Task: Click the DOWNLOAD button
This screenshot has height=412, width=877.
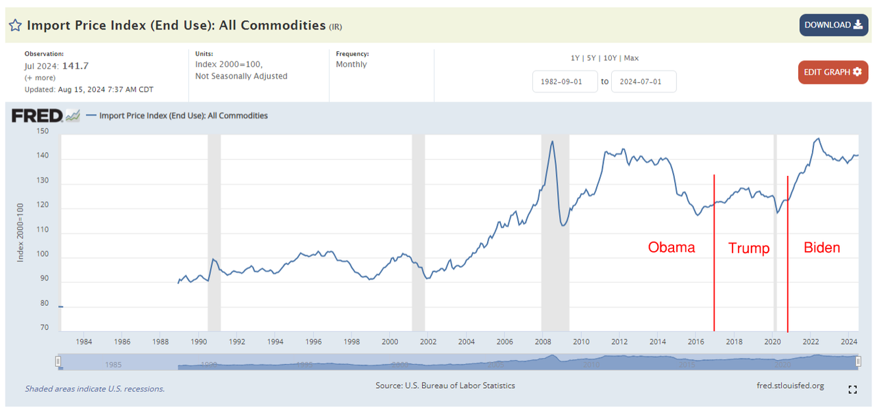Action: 833,25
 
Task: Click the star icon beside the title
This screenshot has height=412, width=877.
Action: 15,26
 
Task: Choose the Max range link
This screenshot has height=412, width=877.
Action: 631,58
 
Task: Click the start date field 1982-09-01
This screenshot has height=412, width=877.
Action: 565,81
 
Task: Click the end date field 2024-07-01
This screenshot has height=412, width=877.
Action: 643,81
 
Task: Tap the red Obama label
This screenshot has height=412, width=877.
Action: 671,247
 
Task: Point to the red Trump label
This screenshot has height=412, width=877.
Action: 749,248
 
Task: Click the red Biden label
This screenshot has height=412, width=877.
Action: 822,247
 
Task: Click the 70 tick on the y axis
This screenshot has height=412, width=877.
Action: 45,328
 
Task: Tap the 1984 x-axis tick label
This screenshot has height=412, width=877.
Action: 84,342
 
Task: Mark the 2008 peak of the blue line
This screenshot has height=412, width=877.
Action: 552,142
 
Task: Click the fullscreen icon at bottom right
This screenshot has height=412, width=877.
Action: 852,389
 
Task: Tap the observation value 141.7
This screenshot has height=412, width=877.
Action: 75,66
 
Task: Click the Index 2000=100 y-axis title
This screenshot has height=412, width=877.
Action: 20,232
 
